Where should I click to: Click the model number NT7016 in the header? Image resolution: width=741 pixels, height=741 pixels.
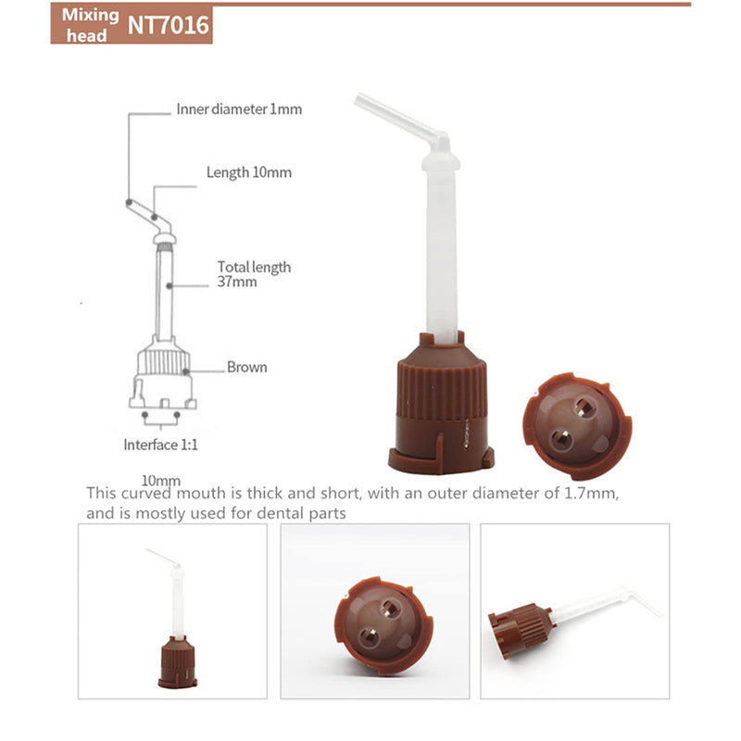pos(169,25)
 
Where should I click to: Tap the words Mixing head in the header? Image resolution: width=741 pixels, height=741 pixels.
pos(90,25)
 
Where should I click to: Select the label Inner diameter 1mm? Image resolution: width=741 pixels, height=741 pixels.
pos(239,109)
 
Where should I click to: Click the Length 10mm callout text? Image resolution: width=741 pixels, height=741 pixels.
pos(249,172)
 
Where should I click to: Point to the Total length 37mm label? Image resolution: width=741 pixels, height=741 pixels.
pos(254,274)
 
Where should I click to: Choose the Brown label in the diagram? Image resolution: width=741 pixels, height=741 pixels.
pos(246,367)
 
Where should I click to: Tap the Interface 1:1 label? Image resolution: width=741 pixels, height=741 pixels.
pos(160,445)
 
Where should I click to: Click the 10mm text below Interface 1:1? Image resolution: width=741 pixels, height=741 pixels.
pos(161,480)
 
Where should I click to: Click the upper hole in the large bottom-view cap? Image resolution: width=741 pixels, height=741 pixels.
pos(584,408)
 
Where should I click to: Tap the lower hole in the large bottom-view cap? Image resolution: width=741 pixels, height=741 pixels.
pos(561,439)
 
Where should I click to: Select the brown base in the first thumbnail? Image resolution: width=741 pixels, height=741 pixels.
pos(177,661)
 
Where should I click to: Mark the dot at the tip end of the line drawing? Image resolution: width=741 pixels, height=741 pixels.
pos(129,202)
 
